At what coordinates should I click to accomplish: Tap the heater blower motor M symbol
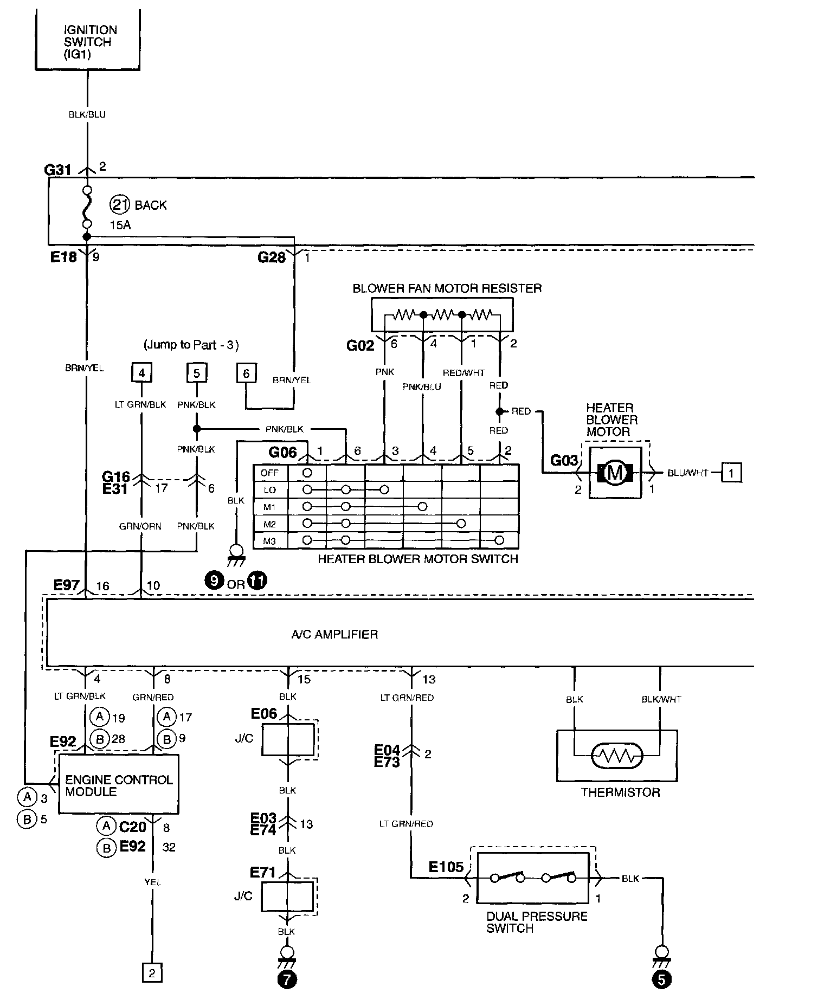[x=615, y=473]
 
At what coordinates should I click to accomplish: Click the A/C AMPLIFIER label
[x=334, y=634]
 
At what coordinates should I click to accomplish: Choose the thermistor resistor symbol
[x=617, y=756]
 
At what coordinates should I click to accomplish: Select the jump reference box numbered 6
[x=246, y=373]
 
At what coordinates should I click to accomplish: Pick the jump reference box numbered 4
[x=141, y=373]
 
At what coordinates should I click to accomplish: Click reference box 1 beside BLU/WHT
[x=731, y=473]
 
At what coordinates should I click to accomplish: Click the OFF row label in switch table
[x=269, y=473]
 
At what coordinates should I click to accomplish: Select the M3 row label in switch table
[x=269, y=540]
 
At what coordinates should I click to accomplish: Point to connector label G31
[x=57, y=170]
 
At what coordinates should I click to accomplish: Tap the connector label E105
[x=446, y=867]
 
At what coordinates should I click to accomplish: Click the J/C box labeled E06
[x=288, y=738]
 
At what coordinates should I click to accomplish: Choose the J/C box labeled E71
[x=287, y=897]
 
